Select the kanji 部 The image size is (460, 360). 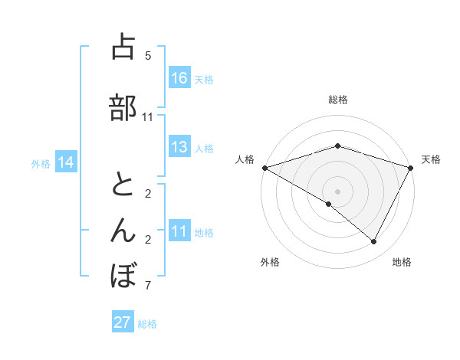coord(123,108)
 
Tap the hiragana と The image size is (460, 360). coord(123,185)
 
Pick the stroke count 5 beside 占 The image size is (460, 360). coord(148,55)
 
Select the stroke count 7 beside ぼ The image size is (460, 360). coord(148,286)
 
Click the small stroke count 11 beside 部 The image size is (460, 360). coord(148,116)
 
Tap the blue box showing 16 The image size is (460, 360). coord(179,78)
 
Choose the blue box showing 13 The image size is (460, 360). coord(179,147)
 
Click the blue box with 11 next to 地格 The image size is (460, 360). coord(179,231)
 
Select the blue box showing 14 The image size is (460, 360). coord(66,162)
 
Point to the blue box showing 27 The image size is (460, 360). coord(123,322)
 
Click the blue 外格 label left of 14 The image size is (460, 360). coord(41,163)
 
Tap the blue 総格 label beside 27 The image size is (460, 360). coord(147,324)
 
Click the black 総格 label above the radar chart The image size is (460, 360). coord(337,100)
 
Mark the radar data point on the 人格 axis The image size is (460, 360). coord(264,167)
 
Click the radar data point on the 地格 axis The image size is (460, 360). coord(374,241)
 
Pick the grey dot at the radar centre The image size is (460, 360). coord(337,191)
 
